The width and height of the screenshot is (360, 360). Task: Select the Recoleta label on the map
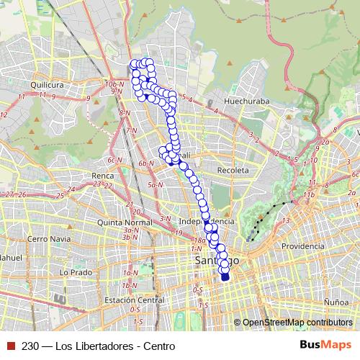click(x=233, y=170)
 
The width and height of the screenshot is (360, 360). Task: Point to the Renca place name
click(x=95, y=175)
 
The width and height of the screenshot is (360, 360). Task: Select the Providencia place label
click(x=303, y=246)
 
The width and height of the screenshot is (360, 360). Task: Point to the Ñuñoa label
click(x=336, y=294)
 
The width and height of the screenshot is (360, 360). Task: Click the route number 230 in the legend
click(x=31, y=346)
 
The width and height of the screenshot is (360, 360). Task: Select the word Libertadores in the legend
click(x=106, y=346)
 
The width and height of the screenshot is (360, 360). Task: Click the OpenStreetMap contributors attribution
click(x=297, y=323)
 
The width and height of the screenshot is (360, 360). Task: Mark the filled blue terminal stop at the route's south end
click(x=225, y=276)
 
